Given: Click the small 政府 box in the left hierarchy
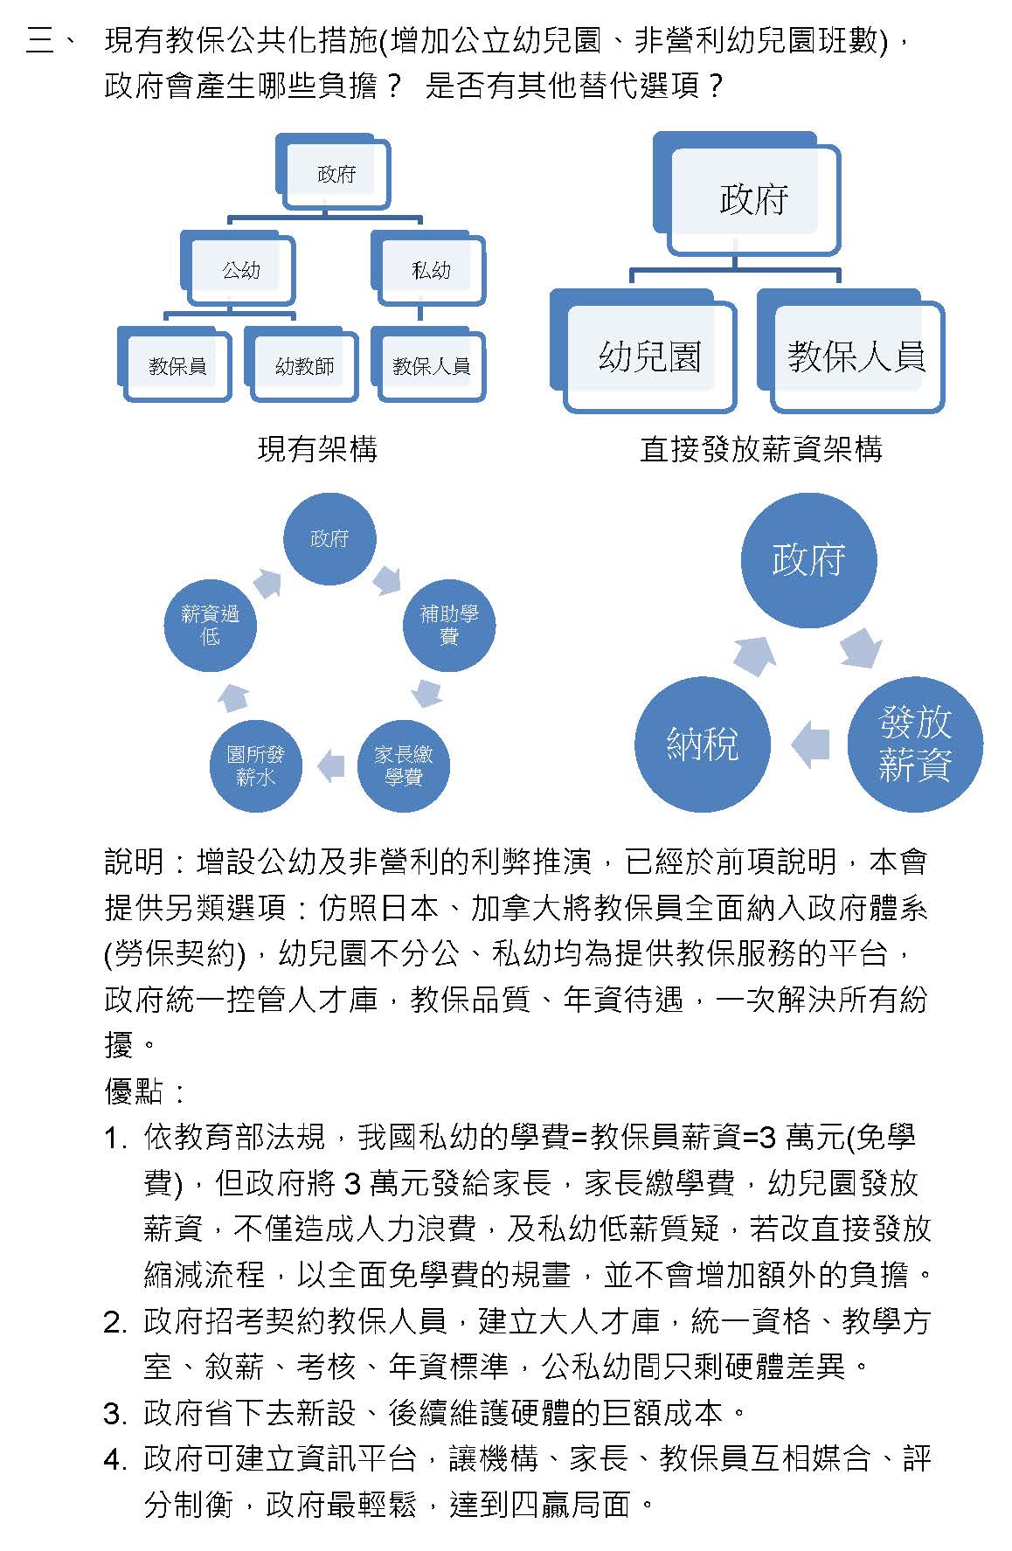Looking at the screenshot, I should tap(336, 174).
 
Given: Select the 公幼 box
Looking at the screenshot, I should tap(240, 270).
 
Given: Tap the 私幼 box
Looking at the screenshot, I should tap(431, 270).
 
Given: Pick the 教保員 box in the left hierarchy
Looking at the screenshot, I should tap(177, 365).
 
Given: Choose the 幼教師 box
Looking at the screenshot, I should tap(304, 365).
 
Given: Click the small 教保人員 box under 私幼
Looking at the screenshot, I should tap(431, 365).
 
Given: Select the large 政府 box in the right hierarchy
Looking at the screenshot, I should tap(753, 199).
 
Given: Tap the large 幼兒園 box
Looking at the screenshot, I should tap(649, 357).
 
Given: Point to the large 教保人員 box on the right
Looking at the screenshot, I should tap(856, 357).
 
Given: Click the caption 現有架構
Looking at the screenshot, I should tap(317, 449).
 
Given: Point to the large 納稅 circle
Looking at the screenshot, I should tap(703, 744).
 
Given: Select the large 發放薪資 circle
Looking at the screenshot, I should tap(915, 744).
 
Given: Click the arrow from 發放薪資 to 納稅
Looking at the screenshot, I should tap(810, 744).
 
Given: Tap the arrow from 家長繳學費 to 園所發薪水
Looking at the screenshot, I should tap(331, 765).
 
